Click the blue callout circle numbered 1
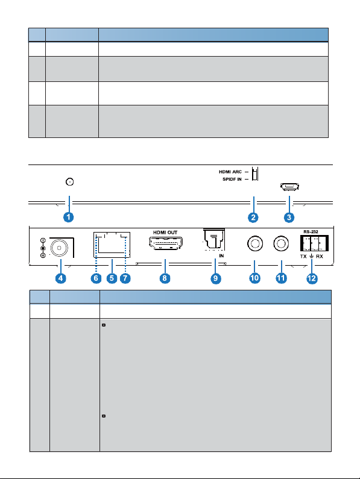coord(69,217)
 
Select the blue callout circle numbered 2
coord(253,218)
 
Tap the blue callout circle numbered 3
coord(289,218)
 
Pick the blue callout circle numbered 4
coord(60,278)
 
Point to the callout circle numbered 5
coord(112,278)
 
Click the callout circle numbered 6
coord(96,278)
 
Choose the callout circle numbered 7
coord(125,278)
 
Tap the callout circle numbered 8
coord(165,278)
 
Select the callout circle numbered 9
coord(216,278)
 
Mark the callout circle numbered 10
coord(254,278)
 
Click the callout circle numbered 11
coord(281,278)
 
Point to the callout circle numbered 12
coord(312,278)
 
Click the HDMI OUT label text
coord(165,233)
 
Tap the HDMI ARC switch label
coord(230,172)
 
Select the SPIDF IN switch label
coord(232,180)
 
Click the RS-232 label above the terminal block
coord(311,231)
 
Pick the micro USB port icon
coord(289,187)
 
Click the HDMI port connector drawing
coord(165,243)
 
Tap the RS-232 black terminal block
coord(314,243)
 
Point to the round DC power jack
coord(59,248)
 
